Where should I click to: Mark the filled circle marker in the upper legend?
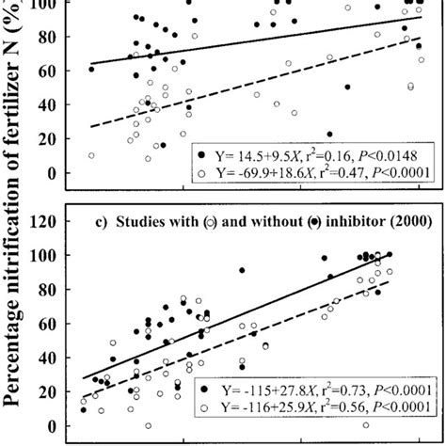pyautogui.click(x=200, y=153)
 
